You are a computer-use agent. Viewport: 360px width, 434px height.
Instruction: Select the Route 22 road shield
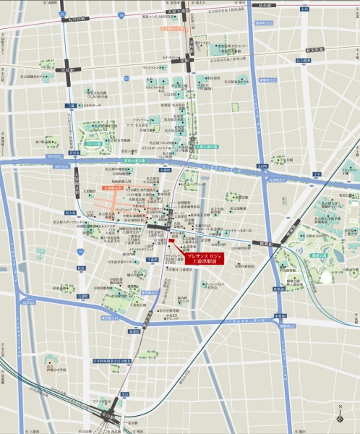point(63,14)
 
